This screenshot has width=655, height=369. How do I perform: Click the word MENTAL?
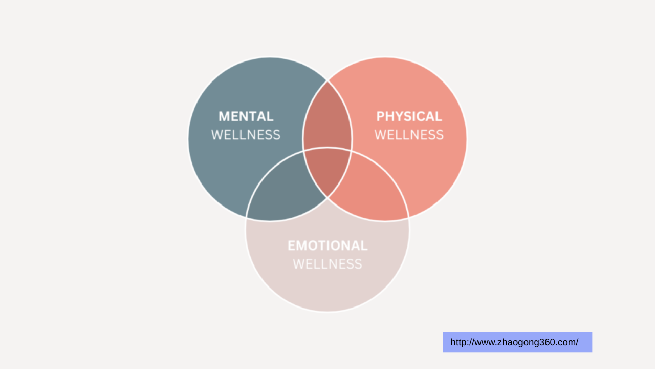point(246,116)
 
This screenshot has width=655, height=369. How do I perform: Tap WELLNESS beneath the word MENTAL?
point(246,135)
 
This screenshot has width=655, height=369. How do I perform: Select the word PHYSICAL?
point(409,116)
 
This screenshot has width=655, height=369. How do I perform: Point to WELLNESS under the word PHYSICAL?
point(409,135)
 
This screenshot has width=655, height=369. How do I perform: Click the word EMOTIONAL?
point(327,245)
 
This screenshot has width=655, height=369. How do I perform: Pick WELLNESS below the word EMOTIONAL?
point(327,264)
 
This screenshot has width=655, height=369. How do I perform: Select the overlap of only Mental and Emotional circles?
point(284,190)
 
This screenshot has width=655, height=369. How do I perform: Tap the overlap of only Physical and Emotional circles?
point(371,190)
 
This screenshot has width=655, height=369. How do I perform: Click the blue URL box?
point(517,342)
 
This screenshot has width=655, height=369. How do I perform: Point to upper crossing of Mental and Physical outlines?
point(327,80)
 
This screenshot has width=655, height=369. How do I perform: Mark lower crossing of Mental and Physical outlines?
point(327,198)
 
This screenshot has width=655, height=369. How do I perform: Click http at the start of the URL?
point(459,342)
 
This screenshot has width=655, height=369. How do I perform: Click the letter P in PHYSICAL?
point(380,116)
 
